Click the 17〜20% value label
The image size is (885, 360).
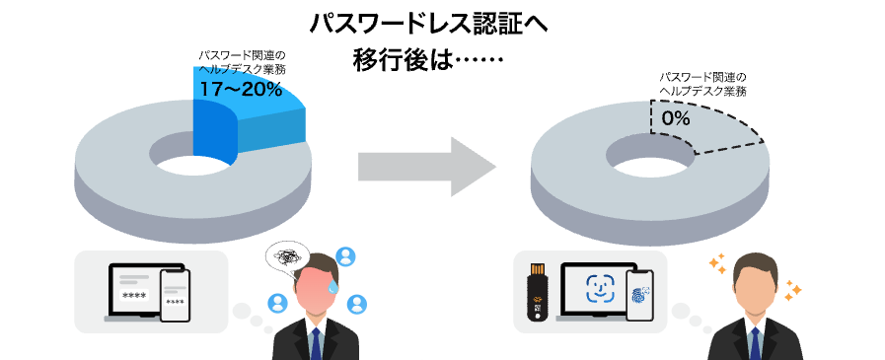[241, 89]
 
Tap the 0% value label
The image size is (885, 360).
[676, 118]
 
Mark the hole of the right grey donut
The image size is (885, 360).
[646, 153]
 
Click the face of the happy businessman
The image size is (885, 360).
[753, 287]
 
